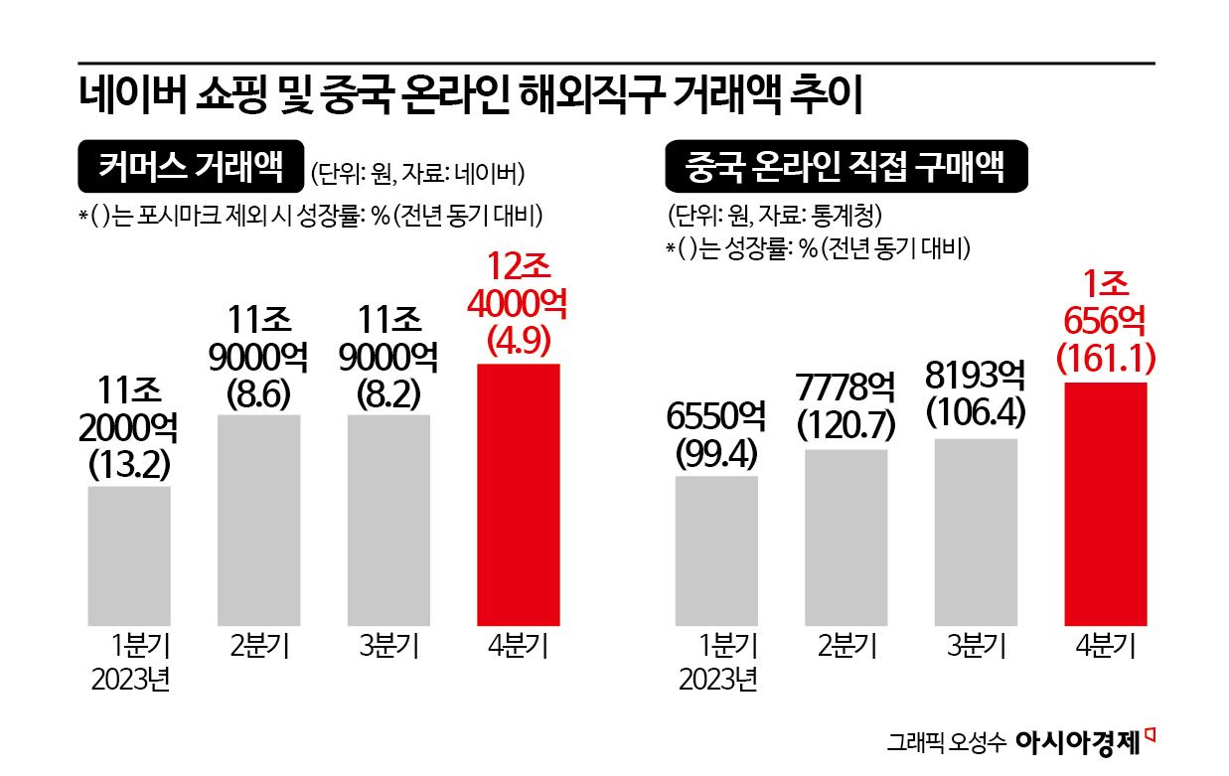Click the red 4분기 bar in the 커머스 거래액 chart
519,494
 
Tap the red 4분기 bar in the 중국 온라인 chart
1105,503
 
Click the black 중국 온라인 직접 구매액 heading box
845,169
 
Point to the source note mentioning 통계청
774,216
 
